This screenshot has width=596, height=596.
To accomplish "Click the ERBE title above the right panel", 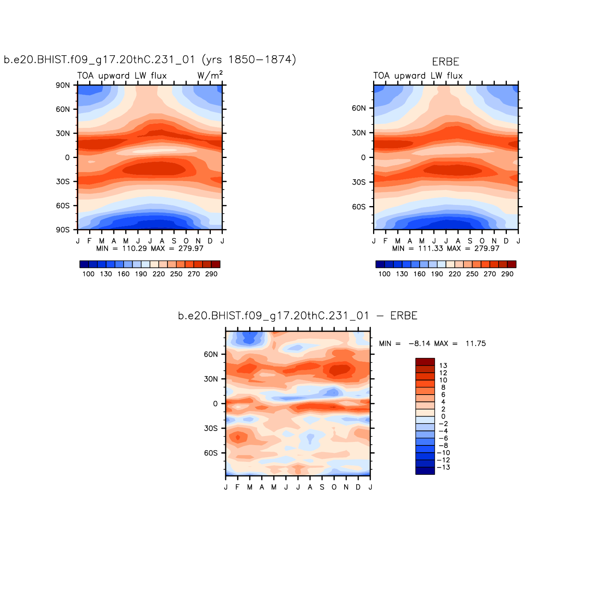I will pyautogui.click(x=445, y=62).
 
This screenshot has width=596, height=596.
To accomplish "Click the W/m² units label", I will pyautogui.click(x=210, y=75).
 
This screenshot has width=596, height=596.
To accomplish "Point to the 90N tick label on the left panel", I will pyautogui.click(x=63, y=85).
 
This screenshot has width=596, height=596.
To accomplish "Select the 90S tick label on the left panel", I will pyautogui.click(x=63, y=230).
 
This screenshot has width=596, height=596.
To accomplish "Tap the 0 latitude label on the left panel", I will pyautogui.click(x=67, y=158).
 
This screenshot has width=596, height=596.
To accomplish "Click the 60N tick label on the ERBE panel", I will pyautogui.click(x=359, y=108).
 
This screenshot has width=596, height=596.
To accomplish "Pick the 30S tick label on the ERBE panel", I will pyautogui.click(x=359, y=182).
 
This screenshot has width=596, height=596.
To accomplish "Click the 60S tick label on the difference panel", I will pyautogui.click(x=210, y=453).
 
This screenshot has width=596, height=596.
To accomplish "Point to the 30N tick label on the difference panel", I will pyautogui.click(x=210, y=379).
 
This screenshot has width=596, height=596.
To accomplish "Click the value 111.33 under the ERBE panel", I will pyautogui.click(x=430, y=248).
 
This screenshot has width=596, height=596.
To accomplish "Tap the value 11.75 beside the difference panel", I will pyautogui.click(x=476, y=344).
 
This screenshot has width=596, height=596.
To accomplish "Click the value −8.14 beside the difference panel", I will pyautogui.click(x=419, y=344).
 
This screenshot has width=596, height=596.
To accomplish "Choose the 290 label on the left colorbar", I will pyautogui.click(x=211, y=274).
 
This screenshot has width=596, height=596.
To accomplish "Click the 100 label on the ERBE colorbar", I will pyautogui.click(x=384, y=274).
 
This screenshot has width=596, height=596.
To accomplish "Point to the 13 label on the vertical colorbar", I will pyautogui.click(x=443, y=366).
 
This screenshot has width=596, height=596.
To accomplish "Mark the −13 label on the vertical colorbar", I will pyautogui.click(x=443, y=467).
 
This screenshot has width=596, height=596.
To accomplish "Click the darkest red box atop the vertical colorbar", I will pyautogui.click(x=425, y=362).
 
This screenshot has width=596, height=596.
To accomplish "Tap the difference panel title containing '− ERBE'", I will pyautogui.click(x=298, y=316).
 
